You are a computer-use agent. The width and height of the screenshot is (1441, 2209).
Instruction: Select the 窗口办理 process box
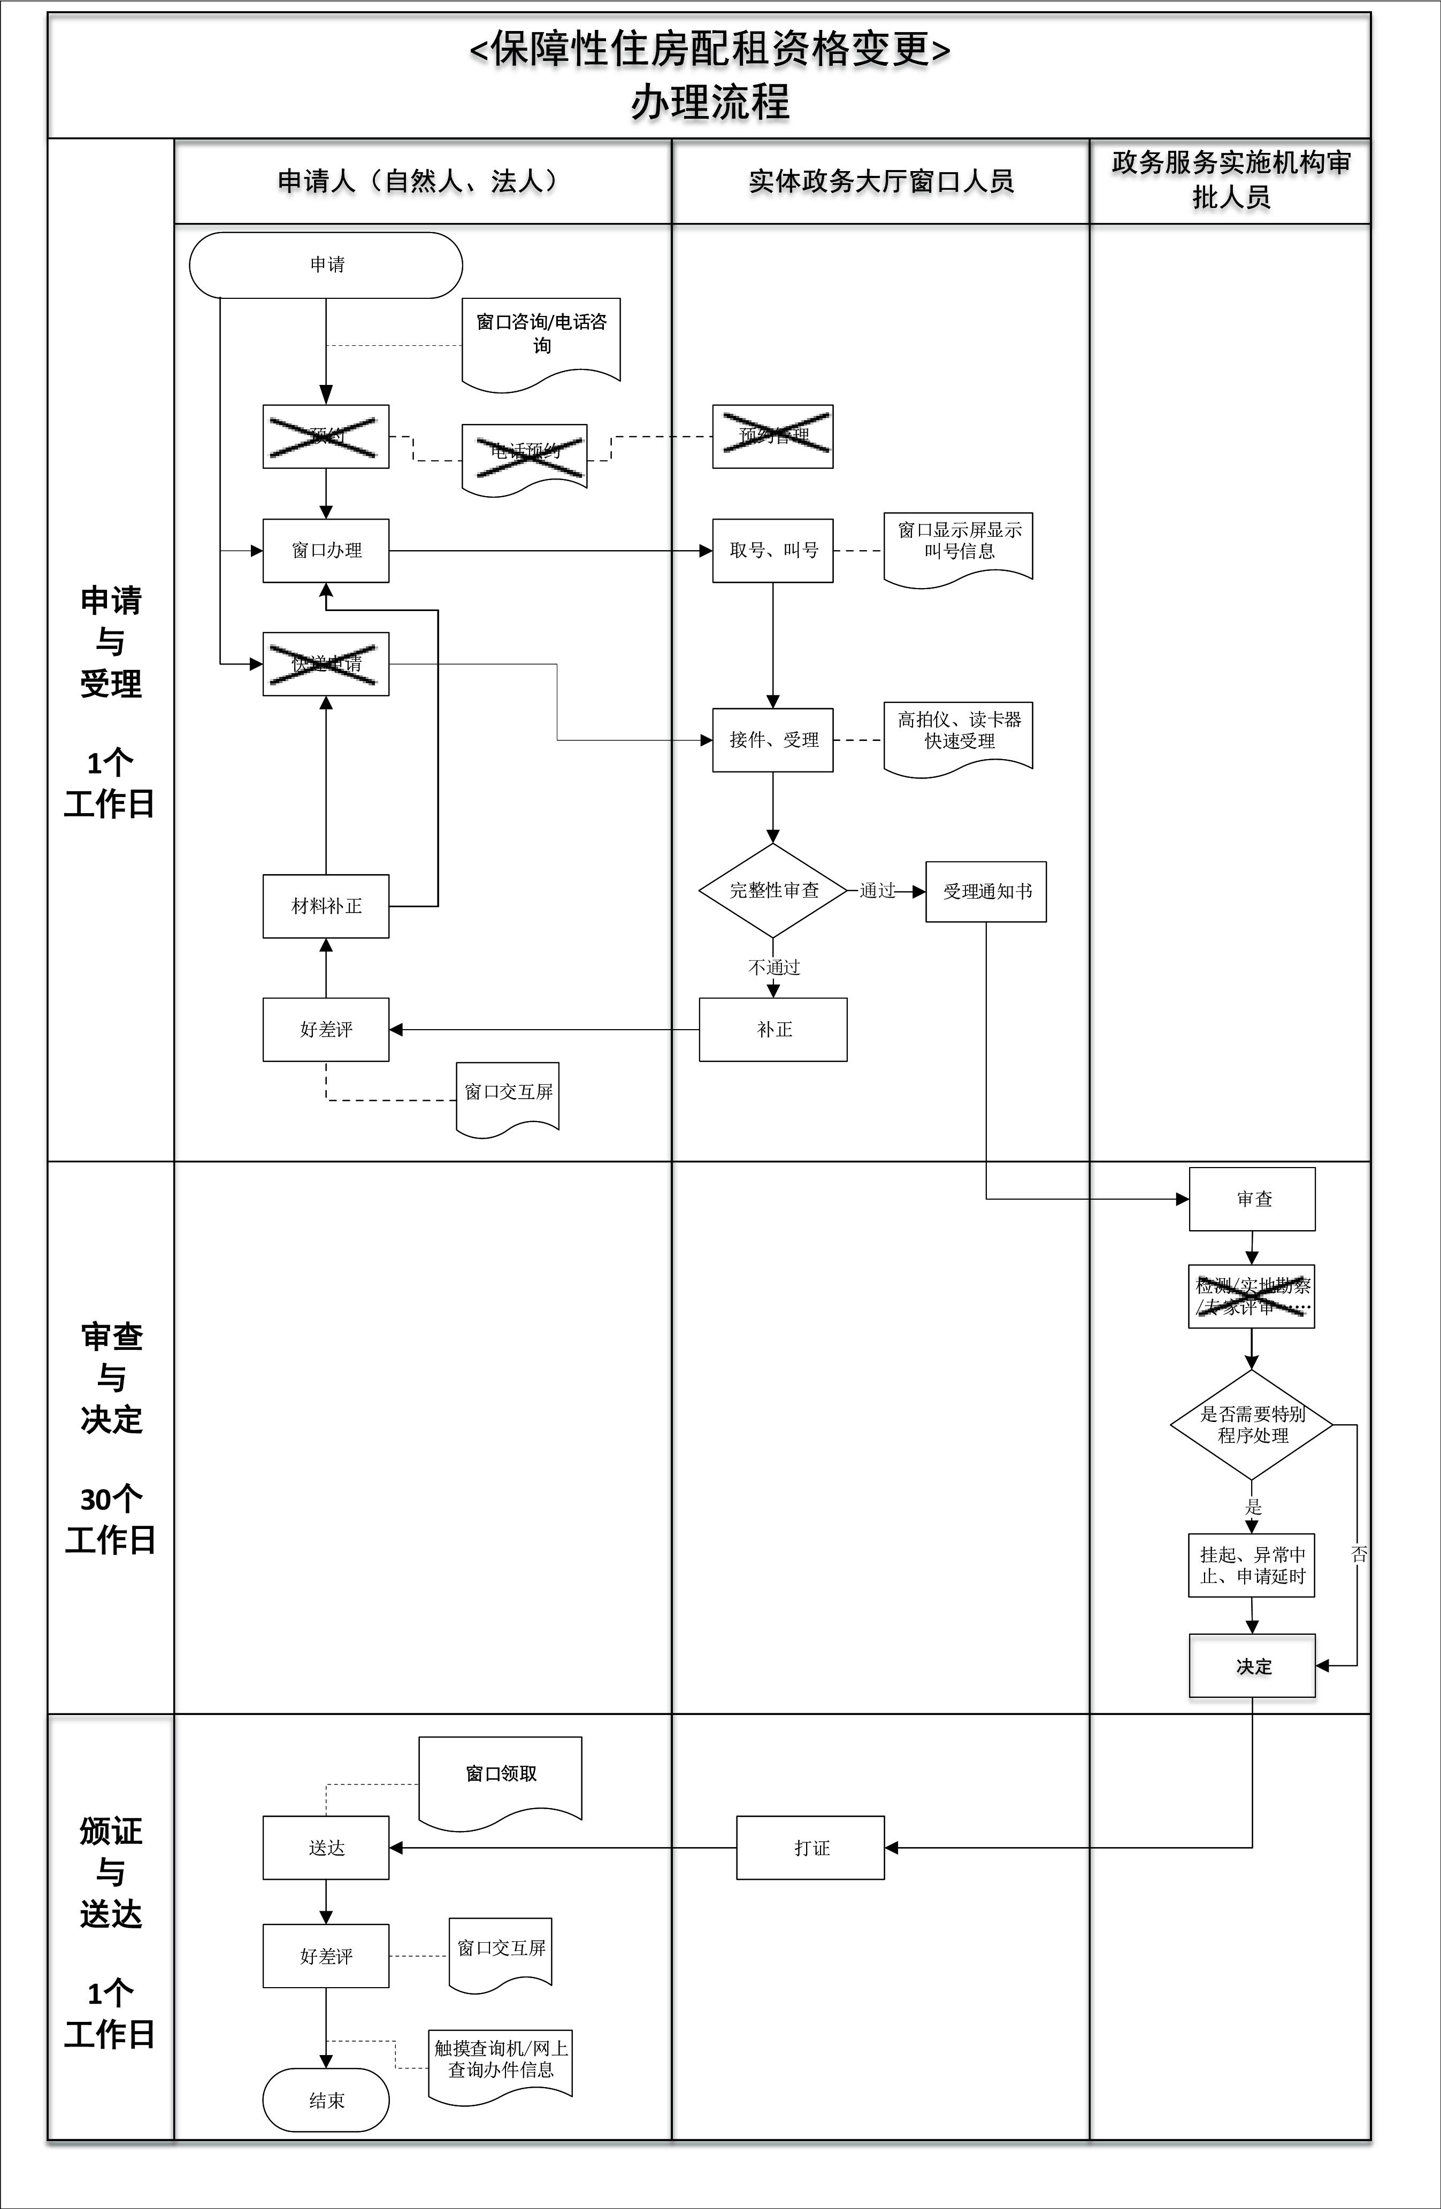click(326, 551)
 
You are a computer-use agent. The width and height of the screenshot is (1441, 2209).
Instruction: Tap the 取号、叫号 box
click(772, 551)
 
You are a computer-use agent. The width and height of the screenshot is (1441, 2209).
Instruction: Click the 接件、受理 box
click(772, 740)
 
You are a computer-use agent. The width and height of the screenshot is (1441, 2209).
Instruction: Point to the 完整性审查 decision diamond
click(772, 890)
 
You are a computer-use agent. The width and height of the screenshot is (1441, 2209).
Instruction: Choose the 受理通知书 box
click(986, 891)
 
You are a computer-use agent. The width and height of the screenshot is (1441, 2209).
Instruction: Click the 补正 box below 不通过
click(772, 1029)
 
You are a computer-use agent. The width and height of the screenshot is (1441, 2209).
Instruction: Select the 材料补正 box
click(326, 906)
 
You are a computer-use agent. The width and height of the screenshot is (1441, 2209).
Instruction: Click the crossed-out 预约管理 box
click(772, 436)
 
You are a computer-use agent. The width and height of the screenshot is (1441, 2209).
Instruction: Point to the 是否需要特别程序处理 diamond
click(1252, 1425)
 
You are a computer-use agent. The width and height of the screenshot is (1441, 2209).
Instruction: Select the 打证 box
click(810, 1848)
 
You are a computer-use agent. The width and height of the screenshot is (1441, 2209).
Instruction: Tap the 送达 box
click(326, 1848)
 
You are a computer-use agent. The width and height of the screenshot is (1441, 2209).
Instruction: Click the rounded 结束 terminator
click(326, 2100)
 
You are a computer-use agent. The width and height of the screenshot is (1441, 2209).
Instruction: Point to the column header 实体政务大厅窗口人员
click(880, 181)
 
